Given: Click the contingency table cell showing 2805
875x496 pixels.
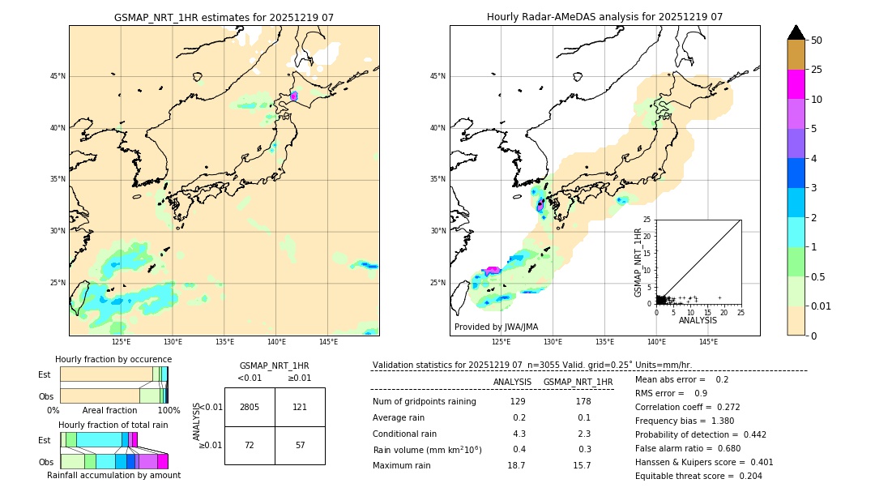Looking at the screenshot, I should click(250, 407).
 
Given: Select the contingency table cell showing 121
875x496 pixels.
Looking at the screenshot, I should click(300, 407).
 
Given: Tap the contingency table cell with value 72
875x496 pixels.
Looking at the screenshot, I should click(250, 446).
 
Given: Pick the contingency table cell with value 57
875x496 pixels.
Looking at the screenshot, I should click(300, 446).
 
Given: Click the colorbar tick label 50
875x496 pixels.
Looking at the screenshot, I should click(817, 41).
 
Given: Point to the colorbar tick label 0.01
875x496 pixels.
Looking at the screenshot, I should click(822, 306).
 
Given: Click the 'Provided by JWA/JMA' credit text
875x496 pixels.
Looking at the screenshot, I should click(496, 327).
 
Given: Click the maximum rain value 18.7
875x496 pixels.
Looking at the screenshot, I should click(516, 466).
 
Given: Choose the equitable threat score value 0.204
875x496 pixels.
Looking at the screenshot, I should click(746, 476).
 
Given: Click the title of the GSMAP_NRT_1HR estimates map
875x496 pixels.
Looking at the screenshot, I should click(224, 17).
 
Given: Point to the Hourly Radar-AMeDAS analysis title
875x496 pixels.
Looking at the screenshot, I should click(604, 17).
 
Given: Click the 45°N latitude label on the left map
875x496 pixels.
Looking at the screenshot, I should click(58, 76).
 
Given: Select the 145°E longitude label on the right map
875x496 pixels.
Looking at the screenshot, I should click(708, 342).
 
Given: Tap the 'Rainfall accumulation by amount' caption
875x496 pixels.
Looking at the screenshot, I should click(113, 475).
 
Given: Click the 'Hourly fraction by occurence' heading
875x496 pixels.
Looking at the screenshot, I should click(113, 359).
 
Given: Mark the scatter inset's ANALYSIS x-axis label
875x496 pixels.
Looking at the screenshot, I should click(698, 320).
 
